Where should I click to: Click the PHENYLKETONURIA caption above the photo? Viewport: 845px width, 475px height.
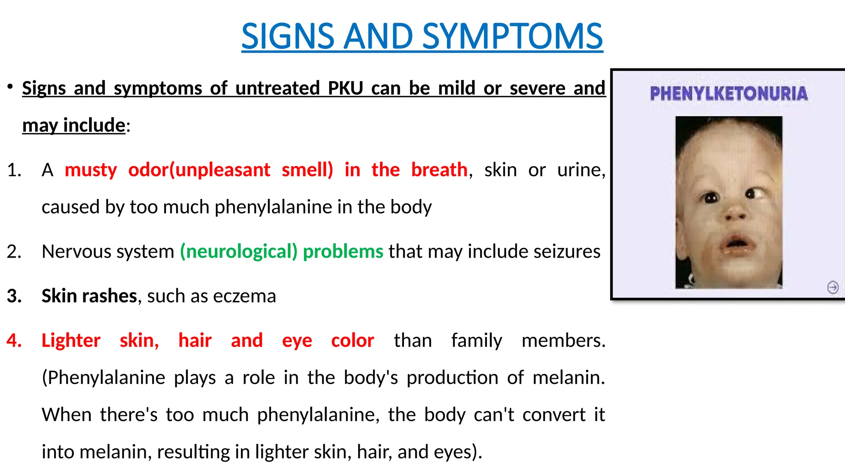point(729,94)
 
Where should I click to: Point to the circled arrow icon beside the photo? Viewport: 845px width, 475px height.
point(833,287)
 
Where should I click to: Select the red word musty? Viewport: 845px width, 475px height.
point(91,170)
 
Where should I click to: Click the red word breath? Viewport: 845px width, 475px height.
point(439,170)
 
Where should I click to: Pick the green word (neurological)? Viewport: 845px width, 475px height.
point(238,252)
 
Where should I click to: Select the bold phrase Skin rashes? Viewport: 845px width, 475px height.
point(89,296)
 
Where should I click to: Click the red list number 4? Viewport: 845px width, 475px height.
point(14,341)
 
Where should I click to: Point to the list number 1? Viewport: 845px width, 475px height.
point(14,170)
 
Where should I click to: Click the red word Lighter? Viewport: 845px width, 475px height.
point(71,341)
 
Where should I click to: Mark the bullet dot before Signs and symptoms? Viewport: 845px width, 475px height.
point(10,87)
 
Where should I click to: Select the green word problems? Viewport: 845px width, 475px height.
point(343,252)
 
